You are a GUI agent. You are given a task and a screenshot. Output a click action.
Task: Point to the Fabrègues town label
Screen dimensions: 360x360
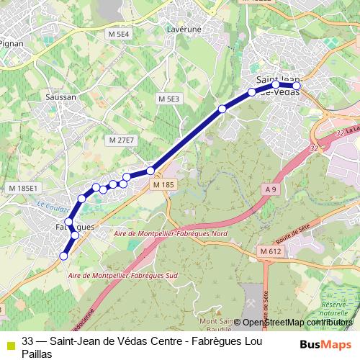(74, 228)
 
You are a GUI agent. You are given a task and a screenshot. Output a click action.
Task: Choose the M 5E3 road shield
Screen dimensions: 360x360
(169, 98)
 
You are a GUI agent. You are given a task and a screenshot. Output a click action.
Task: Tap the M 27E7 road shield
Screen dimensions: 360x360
(121, 140)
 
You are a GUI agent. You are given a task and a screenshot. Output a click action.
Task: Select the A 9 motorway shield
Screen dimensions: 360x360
(270, 189)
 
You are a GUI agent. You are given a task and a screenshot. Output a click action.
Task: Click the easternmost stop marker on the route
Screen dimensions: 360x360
(296, 86)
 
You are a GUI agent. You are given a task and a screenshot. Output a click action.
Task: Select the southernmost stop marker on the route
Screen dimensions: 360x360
(63, 256)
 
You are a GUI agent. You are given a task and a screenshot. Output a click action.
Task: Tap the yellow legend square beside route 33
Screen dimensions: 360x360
(9, 343)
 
